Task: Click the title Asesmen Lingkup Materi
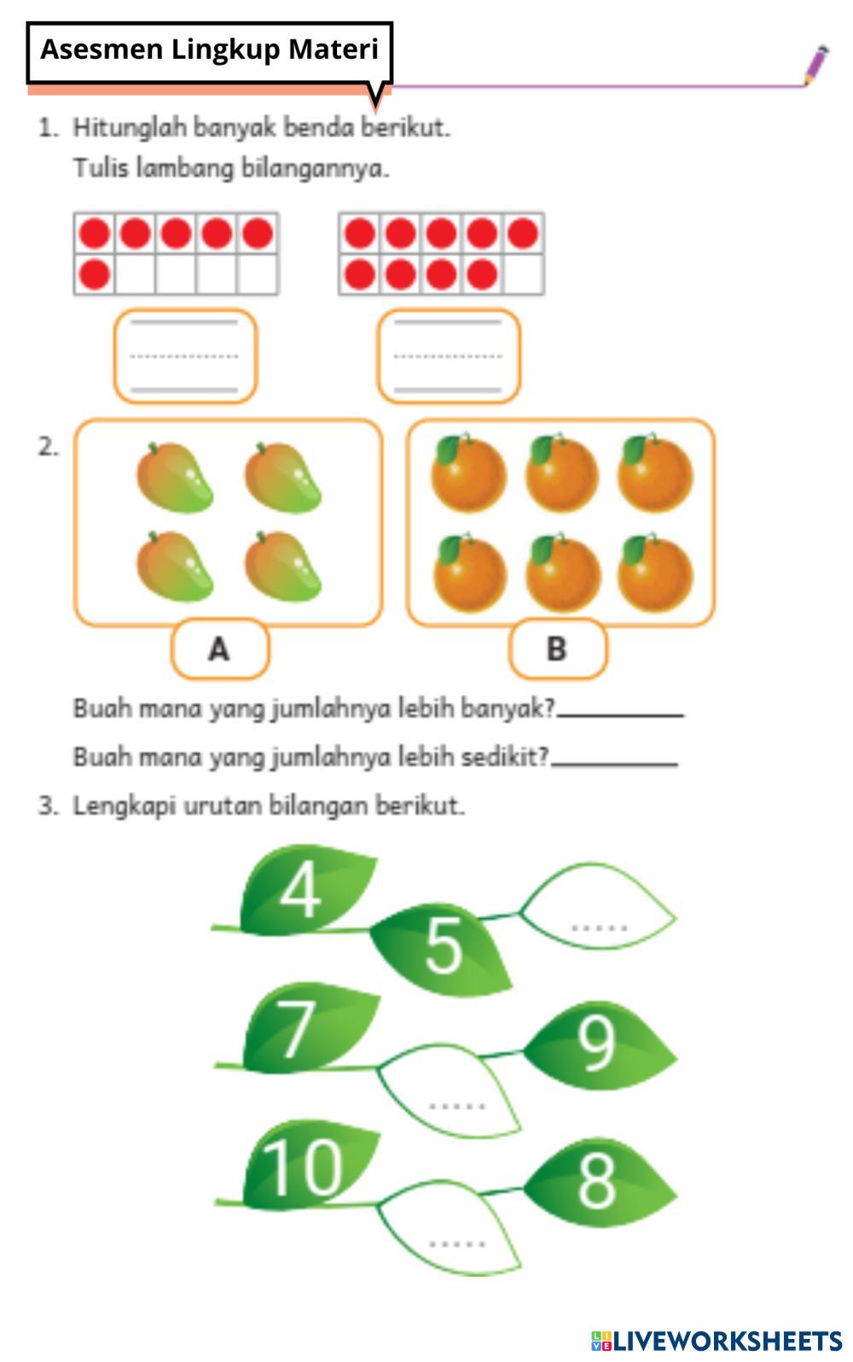click(209, 49)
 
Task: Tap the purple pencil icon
click(815, 66)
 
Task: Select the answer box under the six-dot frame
click(185, 356)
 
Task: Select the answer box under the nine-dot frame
click(449, 356)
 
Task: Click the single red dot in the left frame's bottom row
click(94, 275)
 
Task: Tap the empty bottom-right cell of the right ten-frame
click(523, 275)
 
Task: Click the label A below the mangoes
click(219, 649)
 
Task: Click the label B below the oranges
click(557, 649)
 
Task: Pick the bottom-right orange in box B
click(655, 573)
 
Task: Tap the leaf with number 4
click(303, 889)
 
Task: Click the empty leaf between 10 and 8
click(452, 1227)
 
